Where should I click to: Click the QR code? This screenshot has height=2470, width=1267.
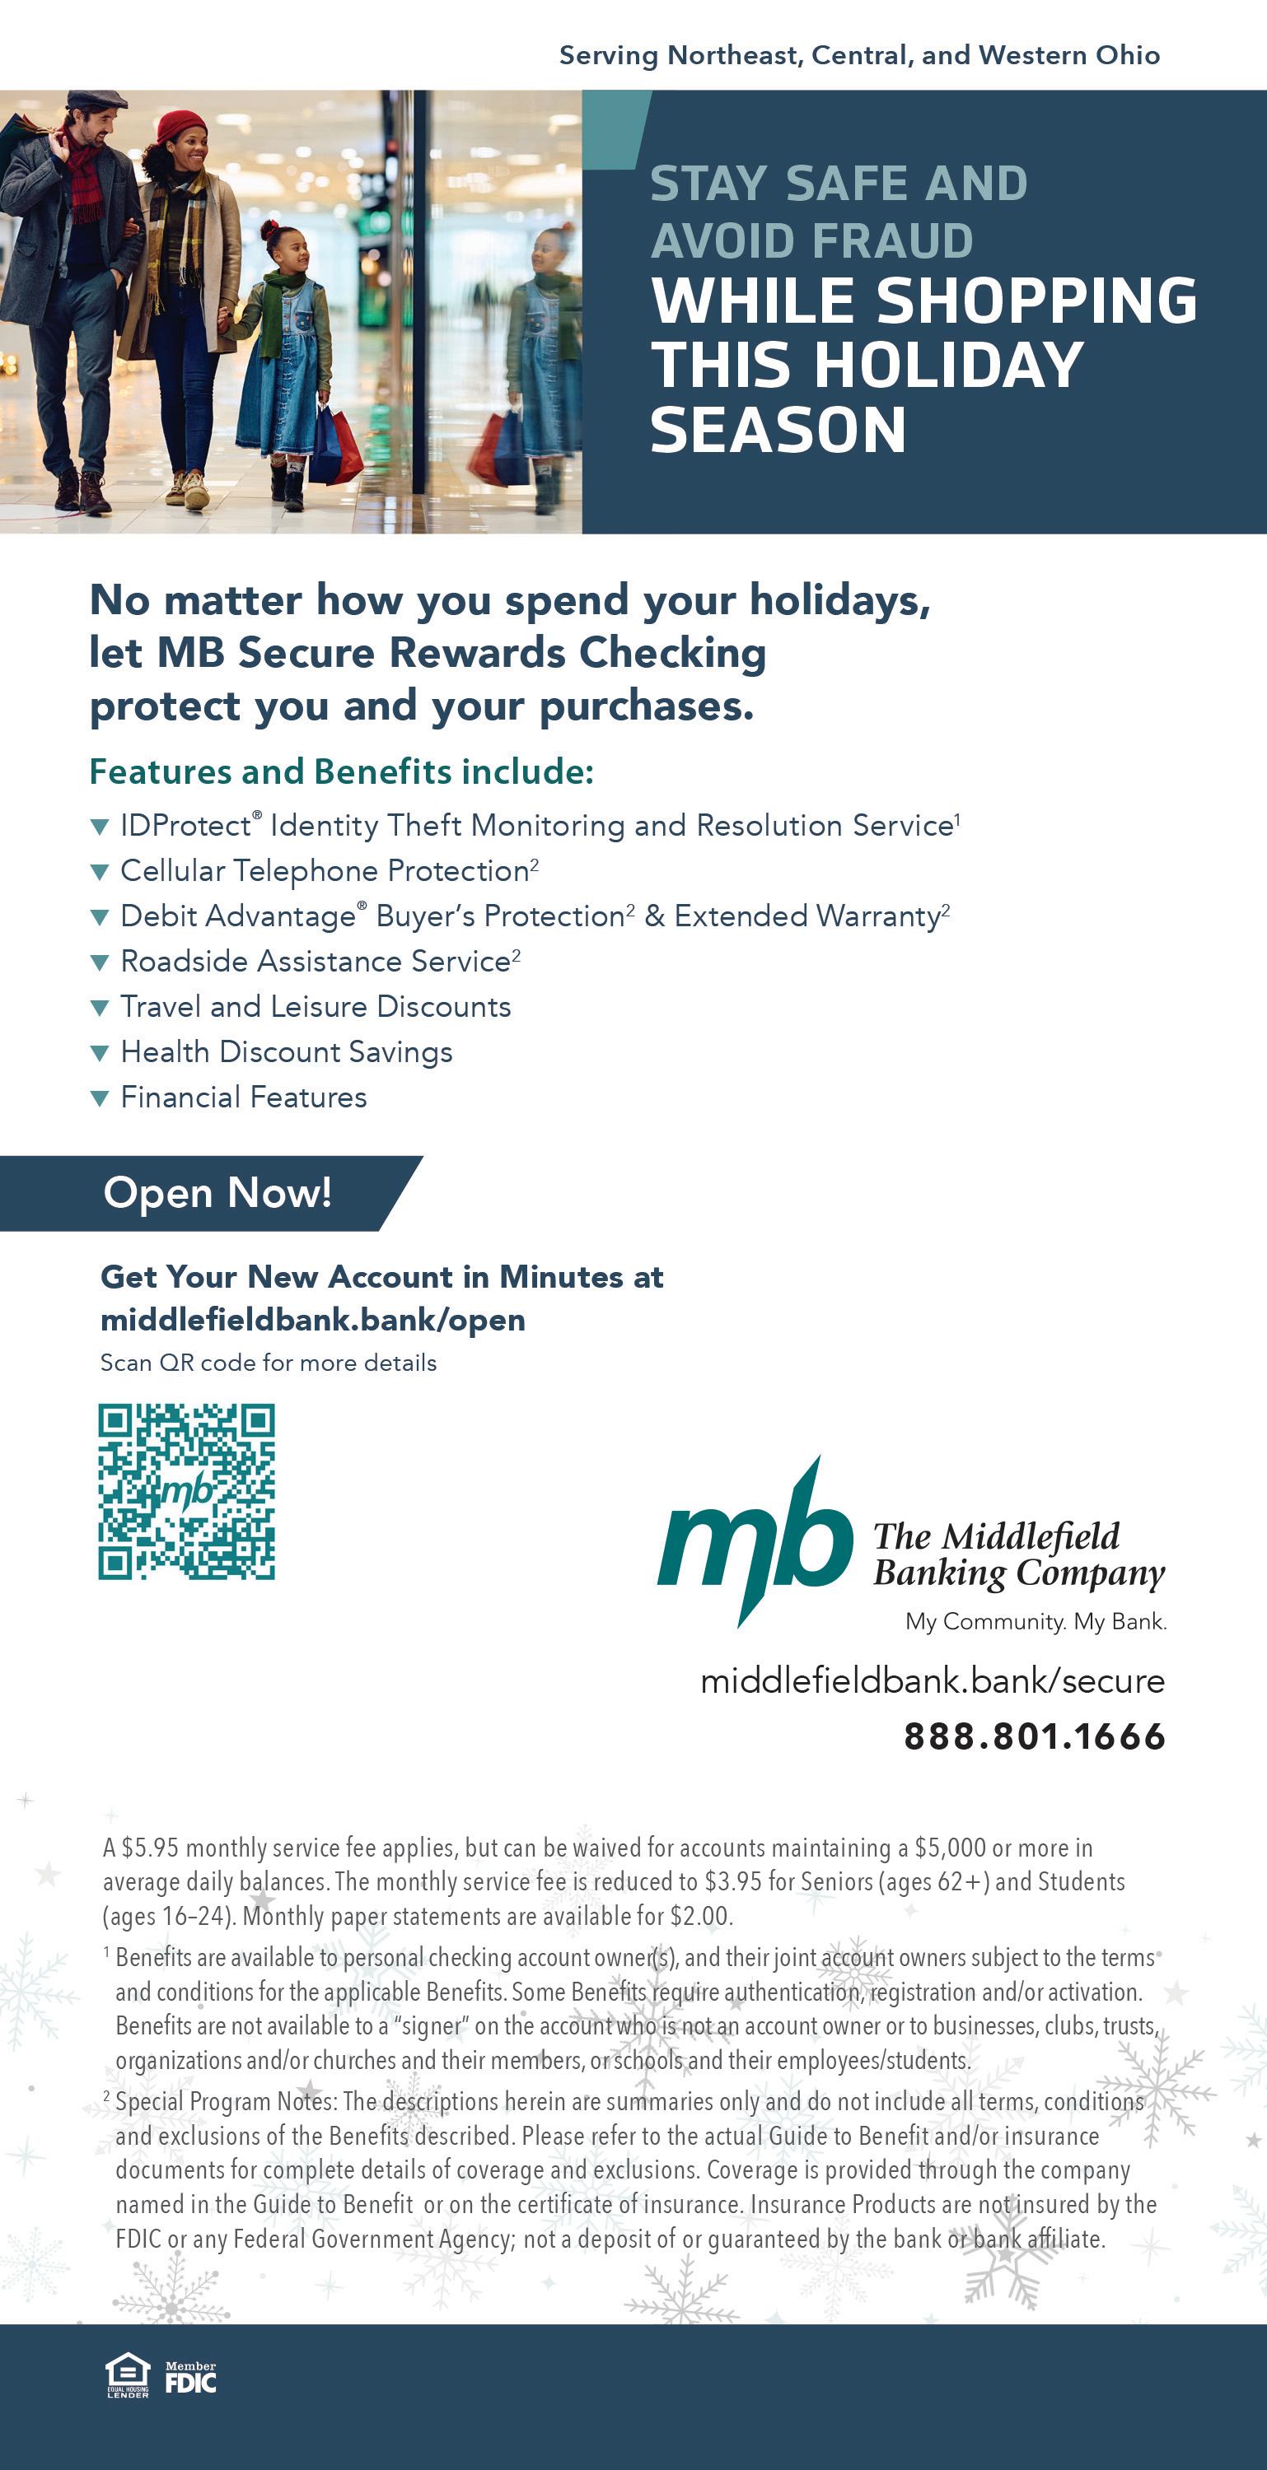[x=186, y=1491]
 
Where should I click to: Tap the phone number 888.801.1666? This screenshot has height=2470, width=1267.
[x=1034, y=1736]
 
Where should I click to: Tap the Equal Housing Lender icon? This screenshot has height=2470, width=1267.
[x=128, y=2377]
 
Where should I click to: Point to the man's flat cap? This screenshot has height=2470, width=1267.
[x=96, y=99]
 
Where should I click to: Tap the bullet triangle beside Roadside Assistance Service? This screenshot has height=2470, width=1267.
[x=100, y=962]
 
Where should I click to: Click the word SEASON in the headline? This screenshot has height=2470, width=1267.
[x=778, y=430]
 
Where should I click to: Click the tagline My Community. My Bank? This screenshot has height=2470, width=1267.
[x=1035, y=1621]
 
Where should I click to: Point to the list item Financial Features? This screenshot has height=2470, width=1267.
[x=244, y=1097]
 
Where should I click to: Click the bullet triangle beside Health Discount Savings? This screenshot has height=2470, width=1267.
[x=100, y=1053]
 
